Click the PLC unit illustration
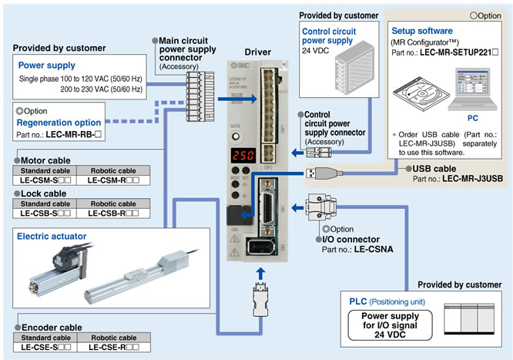470,319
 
